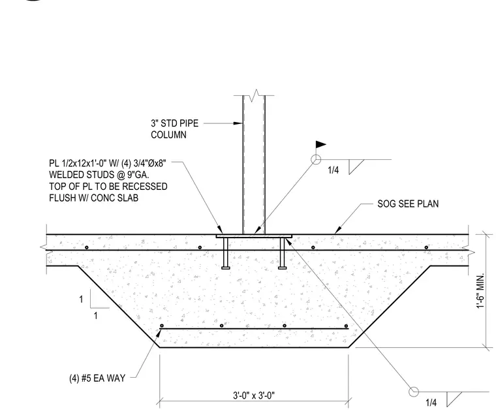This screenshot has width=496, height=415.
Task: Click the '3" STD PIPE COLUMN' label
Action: coord(175,129)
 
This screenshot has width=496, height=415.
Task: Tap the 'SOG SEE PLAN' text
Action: coord(408,204)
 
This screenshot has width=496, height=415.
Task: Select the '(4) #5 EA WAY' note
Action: coord(97,378)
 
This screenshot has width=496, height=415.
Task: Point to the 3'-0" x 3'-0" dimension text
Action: coord(254,395)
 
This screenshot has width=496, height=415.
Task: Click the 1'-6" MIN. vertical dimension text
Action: coord(480,290)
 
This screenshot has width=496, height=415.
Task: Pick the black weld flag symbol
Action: coord(320,145)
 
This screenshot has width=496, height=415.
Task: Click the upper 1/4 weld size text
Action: coord(333,170)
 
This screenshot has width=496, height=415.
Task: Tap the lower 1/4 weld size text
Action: coord(431,403)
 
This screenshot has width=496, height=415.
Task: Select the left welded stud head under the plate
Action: coord(226,268)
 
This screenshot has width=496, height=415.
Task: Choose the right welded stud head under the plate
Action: coord(283,268)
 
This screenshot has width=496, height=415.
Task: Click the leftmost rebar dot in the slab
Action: coord(87,247)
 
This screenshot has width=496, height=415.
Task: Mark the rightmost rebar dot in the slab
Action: coord(426,247)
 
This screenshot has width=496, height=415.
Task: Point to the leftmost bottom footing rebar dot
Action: coord(162,326)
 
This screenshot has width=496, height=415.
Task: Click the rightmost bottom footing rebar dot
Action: coord(346,326)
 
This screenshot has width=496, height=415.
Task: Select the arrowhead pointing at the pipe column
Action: coord(238,123)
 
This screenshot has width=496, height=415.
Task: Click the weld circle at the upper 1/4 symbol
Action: coord(316,160)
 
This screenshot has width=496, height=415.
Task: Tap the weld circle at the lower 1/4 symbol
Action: coord(413,392)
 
